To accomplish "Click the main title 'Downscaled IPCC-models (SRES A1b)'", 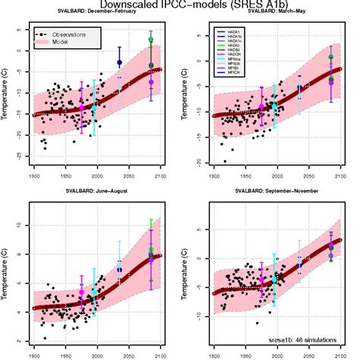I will click(179, 5).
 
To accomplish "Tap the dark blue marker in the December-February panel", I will click(119, 62).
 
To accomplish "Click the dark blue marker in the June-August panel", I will click(119, 270).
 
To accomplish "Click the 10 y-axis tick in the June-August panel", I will click(21, 226).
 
